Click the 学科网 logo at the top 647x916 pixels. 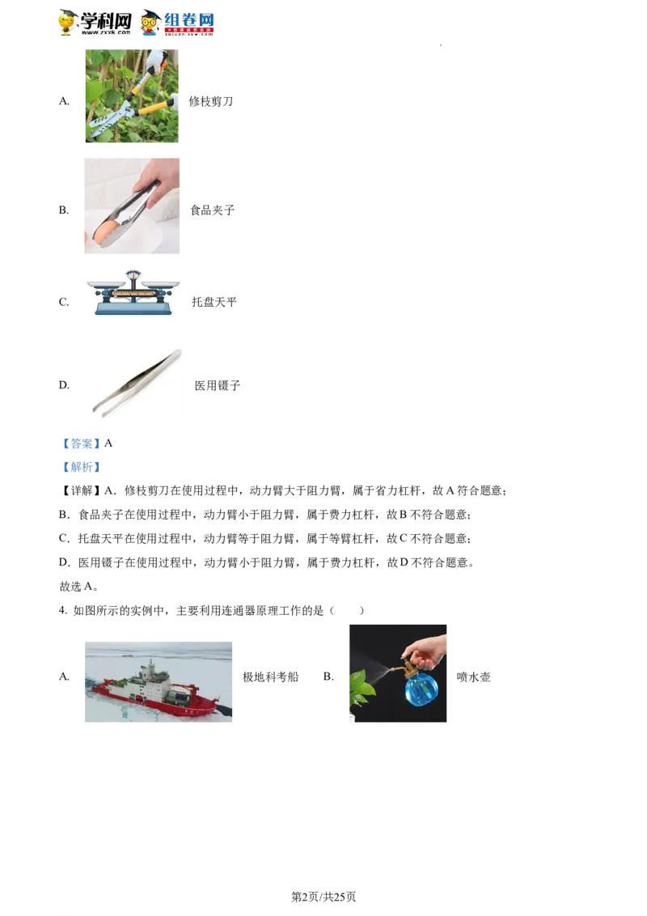pos(95,23)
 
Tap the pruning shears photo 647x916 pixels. pos(132,95)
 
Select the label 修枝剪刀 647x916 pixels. pos(211,102)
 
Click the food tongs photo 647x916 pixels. pos(132,206)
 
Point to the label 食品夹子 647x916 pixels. pos(213,210)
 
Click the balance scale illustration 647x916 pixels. pos(133,293)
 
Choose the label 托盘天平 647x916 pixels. pos(214,302)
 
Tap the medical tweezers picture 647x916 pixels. pos(137,384)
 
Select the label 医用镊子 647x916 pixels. pos(218,385)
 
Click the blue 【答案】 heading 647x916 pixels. pos(78,444)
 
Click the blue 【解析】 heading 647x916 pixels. pos(82,468)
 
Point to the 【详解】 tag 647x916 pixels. pos(81,490)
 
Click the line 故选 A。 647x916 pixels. pos(78,587)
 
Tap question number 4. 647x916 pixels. pos(63,610)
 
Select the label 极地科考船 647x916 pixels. pos(270,677)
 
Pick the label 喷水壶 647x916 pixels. pos(474,677)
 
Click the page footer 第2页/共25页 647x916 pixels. pos(323,897)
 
